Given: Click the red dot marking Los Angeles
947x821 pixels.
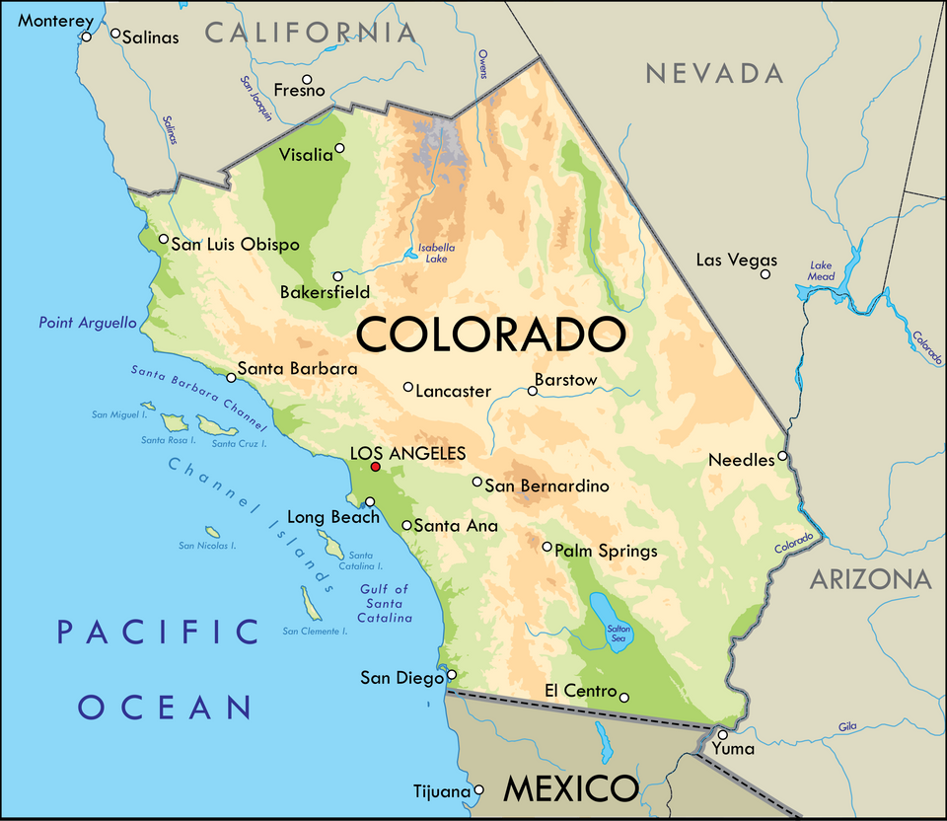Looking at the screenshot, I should point(375,466).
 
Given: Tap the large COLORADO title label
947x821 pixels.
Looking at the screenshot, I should point(490,335).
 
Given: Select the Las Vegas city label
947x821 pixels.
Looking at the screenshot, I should point(736,261).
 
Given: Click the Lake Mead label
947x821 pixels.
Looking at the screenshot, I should point(822,270).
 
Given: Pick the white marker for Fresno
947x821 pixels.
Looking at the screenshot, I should point(307,79).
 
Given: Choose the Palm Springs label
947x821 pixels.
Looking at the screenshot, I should point(606,551).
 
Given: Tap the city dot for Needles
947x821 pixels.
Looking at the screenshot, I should point(782,456).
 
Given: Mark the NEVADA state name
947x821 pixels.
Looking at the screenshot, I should point(714,73).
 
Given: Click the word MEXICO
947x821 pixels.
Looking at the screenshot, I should point(571,788).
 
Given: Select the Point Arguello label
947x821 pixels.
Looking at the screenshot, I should point(88,323).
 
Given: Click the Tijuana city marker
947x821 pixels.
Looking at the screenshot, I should point(479,789).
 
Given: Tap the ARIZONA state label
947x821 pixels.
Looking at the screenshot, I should point(870,579).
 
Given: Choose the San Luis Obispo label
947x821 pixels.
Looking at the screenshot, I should point(235,245).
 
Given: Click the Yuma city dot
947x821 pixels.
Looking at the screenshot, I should point(722,734).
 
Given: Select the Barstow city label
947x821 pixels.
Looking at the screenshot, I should point(565,380).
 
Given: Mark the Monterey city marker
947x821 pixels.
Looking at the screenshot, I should point(87,37).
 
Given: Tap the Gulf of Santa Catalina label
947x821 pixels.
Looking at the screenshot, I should point(384,603).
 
